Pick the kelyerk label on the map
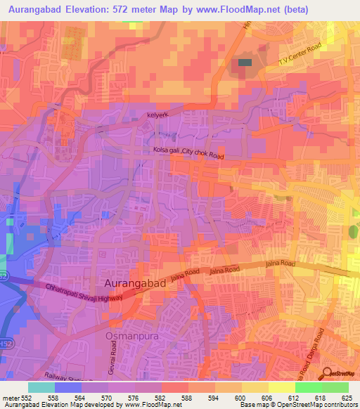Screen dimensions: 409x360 coord(159,114)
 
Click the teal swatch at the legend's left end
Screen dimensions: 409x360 coord(41,387)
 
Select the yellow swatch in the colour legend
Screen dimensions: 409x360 coord(281,387)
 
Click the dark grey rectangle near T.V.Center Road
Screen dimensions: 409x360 coord(245,63)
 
